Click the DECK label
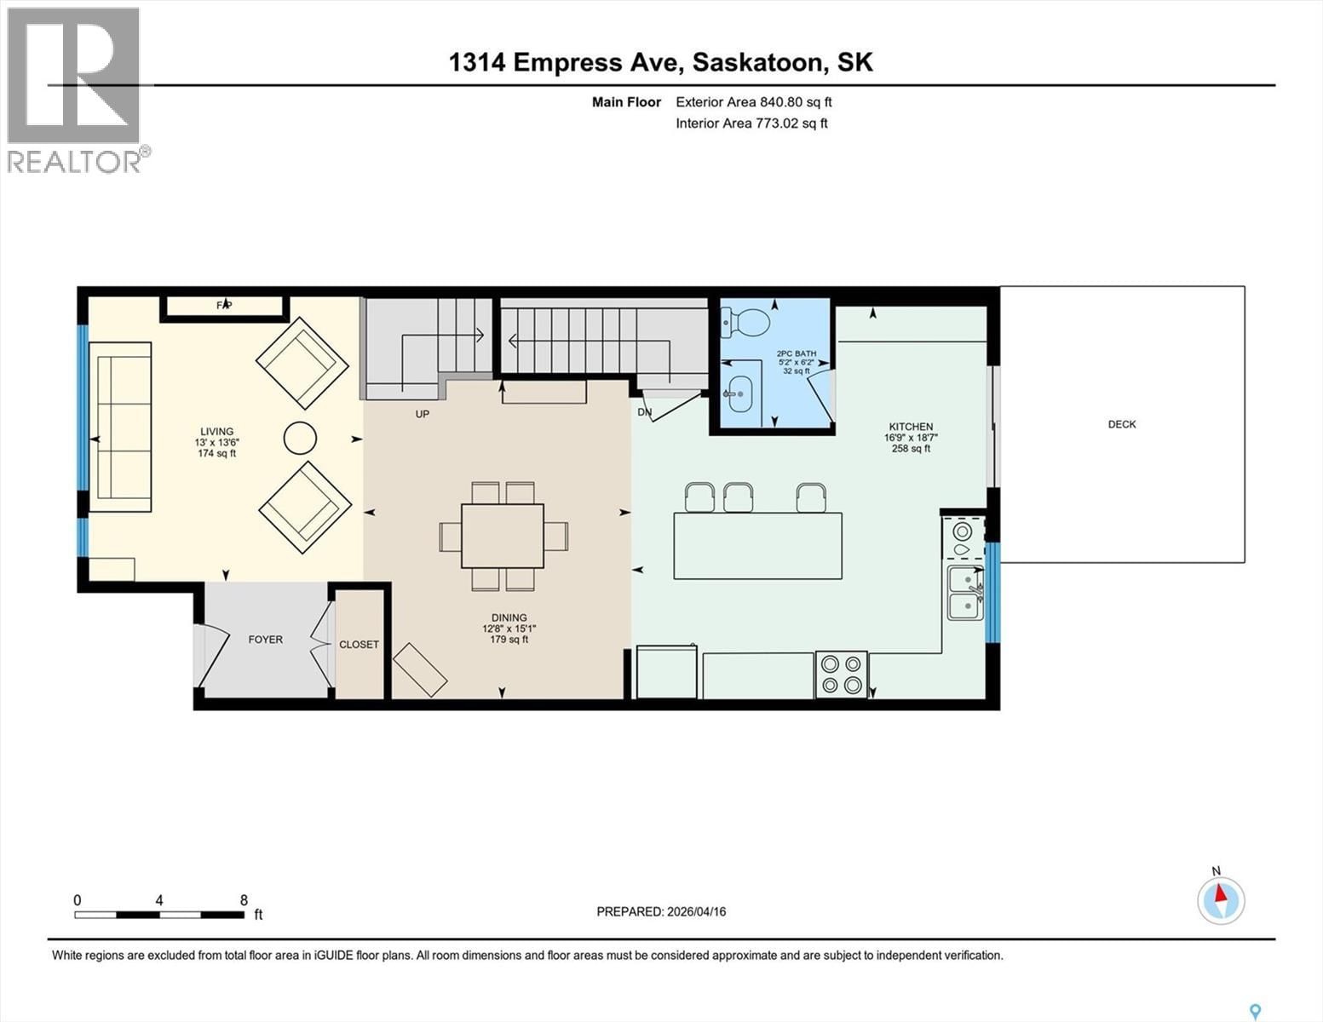click(x=1121, y=424)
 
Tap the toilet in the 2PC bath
click(x=747, y=321)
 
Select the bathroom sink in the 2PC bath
click(x=740, y=393)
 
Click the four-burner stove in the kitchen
click(x=842, y=675)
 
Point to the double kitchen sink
click(x=965, y=593)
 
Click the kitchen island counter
click(x=757, y=546)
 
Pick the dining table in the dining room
click(x=503, y=536)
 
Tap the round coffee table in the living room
click(x=300, y=439)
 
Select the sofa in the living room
click(x=120, y=427)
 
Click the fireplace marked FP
click(x=224, y=306)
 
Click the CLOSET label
click(x=359, y=645)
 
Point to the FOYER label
click(x=265, y=640)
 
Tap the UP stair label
click(x=422, y=414)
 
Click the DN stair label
click(x=645, y=412)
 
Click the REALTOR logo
click(x=75, y=89)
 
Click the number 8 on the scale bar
click(x=244, y=900)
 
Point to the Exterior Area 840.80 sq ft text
click(x=753, y=102)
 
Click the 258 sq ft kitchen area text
click(x=911, y=449)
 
